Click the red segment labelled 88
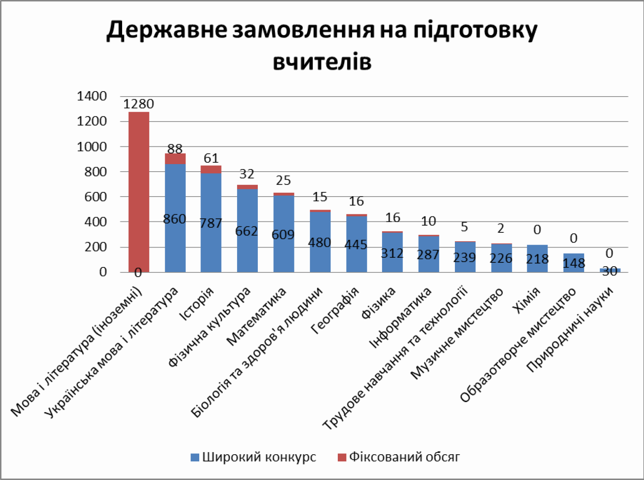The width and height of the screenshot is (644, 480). pos(175,159)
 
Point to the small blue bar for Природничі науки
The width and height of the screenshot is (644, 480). pos(609,270)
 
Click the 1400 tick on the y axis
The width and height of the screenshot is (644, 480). pos(92,96)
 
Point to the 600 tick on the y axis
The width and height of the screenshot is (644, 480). pos(96,197)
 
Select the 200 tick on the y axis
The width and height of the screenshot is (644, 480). pos(96,247)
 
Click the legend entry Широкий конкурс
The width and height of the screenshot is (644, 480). pos(253,457)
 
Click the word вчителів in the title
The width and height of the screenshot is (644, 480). pos(322,61)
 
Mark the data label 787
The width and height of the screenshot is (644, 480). pos(211,223)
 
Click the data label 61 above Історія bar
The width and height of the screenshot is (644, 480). pos(211,158)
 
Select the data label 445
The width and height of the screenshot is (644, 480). pos(356,245)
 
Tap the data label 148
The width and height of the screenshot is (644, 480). pos(574,263)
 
